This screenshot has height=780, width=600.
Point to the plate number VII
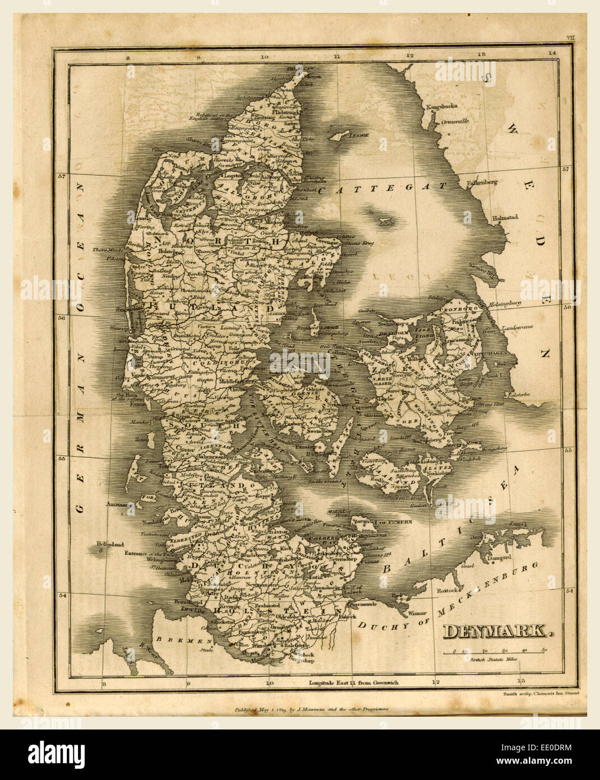point(570,38)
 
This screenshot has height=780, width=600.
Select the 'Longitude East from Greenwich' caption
point(353,683)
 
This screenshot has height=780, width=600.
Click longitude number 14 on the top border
point(552,53)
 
